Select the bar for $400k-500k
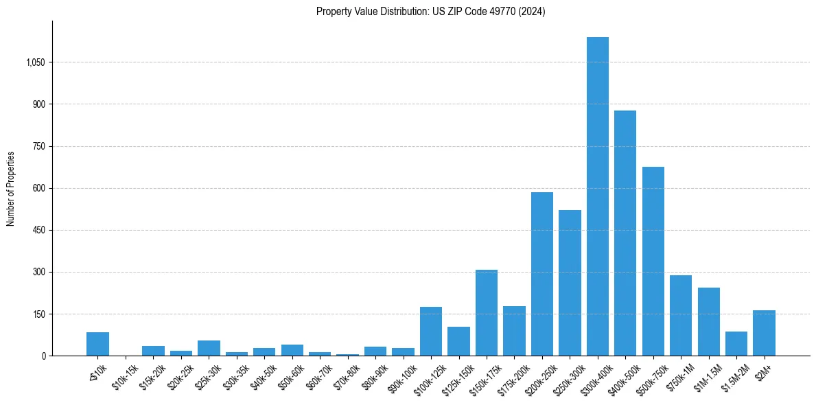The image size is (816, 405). [x=625, y=233]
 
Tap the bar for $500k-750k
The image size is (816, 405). [x=653, y=262]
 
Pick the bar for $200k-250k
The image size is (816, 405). [x=542, y=274]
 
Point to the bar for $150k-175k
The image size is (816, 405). [x=487, y=313]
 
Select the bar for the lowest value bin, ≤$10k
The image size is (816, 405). [x=97, y=344]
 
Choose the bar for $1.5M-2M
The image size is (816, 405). [x=736, y=344]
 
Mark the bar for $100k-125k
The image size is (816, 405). [x=431, y=332]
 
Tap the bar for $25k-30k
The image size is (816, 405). [x=209, y=348]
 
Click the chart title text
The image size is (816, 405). [x=430, y=12]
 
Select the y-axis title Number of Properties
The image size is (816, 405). [x=11, y=188]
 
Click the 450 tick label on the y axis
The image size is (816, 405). [x=38, y=231]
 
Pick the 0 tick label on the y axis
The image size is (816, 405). [x=43, y=356]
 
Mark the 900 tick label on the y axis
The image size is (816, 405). [x=38, y=104]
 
